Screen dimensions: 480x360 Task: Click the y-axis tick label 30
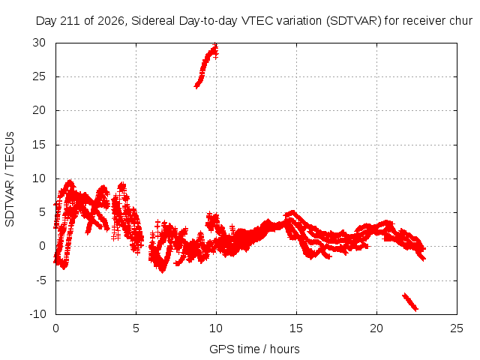point(39,43)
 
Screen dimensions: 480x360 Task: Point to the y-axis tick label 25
point(39,76)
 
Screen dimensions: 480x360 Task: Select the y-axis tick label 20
point(39,110)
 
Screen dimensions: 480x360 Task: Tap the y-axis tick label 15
point(39,145)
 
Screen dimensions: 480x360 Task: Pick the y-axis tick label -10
point(37,314)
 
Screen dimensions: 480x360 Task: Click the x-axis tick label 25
point(457,328)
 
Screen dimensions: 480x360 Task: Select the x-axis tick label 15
point(296,328)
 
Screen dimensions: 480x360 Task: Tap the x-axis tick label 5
point(136,328)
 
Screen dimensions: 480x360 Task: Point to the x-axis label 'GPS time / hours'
point(254,349)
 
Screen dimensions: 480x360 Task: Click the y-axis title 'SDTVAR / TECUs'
point(10,179)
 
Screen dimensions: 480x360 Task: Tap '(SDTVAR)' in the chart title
point(353,21)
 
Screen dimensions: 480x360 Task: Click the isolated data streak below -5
point(410,301)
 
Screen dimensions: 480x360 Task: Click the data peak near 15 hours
point(292,212)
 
